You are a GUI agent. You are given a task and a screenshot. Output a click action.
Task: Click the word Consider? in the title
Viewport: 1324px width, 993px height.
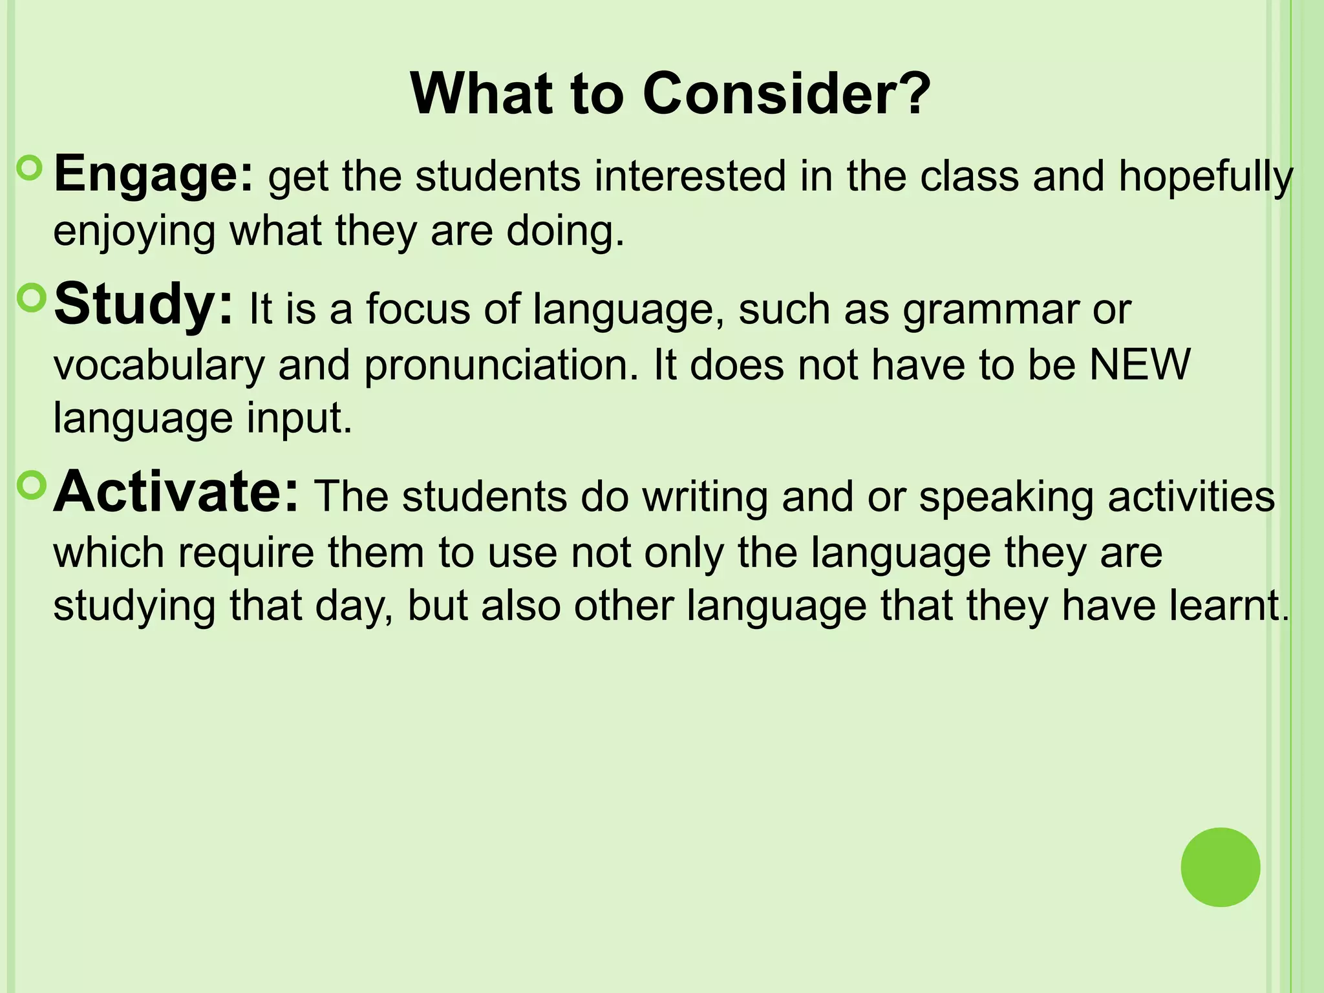(x=786, y=94)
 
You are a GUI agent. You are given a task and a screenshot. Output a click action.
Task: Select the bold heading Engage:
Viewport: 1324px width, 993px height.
(x=154, y=175)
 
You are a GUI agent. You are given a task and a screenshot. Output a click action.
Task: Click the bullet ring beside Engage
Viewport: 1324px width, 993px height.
(x=30, y=169)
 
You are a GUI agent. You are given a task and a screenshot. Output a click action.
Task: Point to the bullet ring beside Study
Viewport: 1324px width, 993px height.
(x=30, y=298)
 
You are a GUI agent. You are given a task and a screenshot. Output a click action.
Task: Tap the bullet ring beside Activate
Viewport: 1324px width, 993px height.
(x=30, y=486)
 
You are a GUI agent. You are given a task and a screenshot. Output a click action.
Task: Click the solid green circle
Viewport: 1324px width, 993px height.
(x=1220, y=867)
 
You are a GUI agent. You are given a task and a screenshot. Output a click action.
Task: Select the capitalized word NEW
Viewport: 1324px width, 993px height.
(x=1140, y=365)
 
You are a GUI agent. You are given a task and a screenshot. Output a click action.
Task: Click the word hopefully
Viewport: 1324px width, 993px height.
(x=1206, y=178)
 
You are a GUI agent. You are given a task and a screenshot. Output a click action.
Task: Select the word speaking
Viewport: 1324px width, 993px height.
(x=1006, y=498)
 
